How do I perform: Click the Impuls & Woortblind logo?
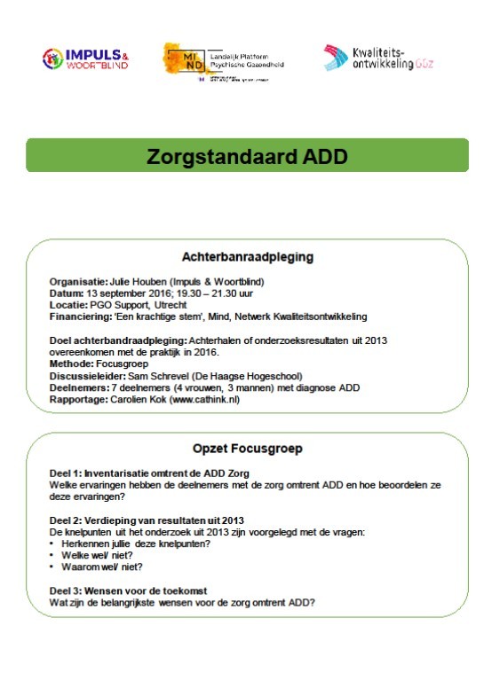[85, 59]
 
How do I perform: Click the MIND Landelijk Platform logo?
[216, 61]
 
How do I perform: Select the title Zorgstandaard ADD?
[247, 157]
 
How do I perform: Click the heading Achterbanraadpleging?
[247, 258]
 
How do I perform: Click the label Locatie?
[68, 305]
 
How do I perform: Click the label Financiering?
[79, 317]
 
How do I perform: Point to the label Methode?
[71, 363]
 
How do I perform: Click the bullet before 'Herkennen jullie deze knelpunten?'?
[53, 543]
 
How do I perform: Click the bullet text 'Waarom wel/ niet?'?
[98, 566]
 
